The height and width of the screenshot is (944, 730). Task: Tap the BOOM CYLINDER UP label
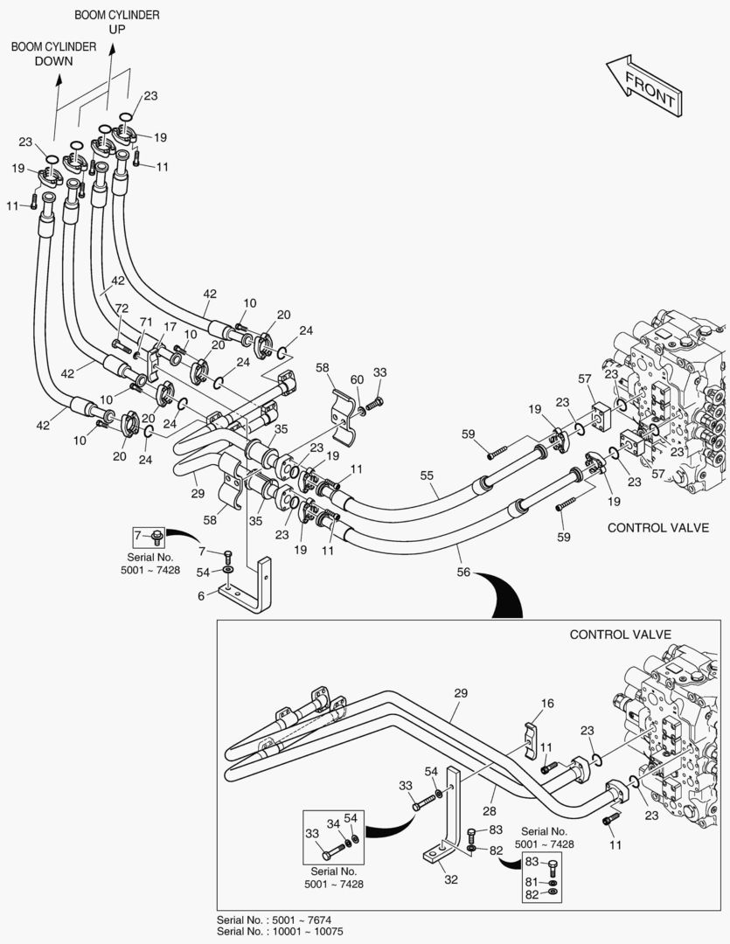click(116, 22)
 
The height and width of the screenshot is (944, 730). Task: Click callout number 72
click(122, 310)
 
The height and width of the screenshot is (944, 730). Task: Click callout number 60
click(357, 378)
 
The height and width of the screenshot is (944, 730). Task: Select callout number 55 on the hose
click(428, 475)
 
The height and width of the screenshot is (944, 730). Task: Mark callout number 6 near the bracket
click(200, 594)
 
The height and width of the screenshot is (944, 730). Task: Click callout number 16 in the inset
click(547, 704)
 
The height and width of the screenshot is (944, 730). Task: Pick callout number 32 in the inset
click(451, 879)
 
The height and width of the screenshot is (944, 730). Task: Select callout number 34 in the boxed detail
click(333, 823)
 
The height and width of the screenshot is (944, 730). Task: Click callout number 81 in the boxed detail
click(532, 883)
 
